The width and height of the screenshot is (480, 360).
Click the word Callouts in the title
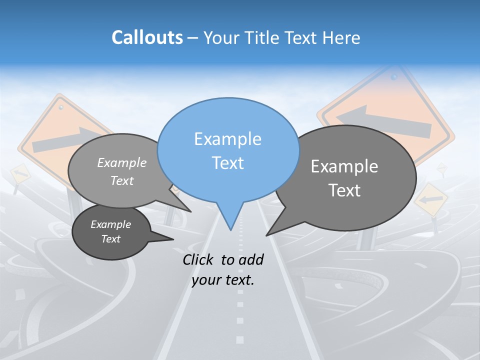point(147,37)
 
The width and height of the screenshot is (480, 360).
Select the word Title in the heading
point(263,37)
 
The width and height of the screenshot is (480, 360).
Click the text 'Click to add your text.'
point(223,269)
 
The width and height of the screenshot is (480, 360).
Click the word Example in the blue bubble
point(227,138)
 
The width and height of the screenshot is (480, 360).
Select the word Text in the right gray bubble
point(344,190)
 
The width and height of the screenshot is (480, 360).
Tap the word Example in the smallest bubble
point(110,224)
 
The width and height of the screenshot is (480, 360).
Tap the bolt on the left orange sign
point(61,107)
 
